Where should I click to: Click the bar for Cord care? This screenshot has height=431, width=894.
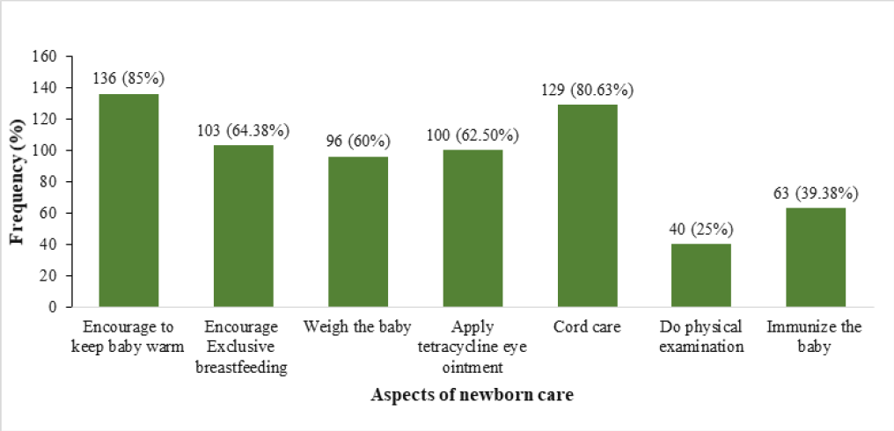coord(587,206)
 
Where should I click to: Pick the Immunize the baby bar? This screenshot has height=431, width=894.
coord(816,258)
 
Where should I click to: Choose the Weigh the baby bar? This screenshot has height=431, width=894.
coord(358,232)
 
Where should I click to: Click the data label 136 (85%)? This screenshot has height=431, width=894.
coord(128,78)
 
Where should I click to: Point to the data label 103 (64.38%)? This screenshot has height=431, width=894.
coord(243,130)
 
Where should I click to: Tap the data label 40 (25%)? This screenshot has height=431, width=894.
coord(701,230)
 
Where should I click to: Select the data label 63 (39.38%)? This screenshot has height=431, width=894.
coord(816,193)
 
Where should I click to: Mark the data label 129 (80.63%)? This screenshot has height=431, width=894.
coord(587,90)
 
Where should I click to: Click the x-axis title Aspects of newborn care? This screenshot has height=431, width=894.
coord(473,395)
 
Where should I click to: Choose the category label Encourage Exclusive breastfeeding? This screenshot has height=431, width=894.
coord(243,347)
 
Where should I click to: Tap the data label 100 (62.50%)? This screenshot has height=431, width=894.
coord(473,135)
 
